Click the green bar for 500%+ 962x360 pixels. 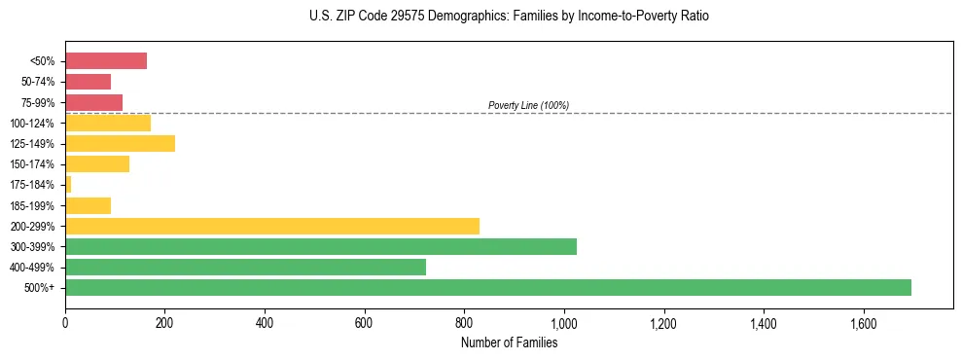487,288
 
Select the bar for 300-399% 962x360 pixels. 320,247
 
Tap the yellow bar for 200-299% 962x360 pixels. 271,226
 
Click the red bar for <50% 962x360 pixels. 106,61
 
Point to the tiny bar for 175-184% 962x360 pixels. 68,185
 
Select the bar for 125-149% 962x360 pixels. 120,144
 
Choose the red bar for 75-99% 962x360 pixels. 93,102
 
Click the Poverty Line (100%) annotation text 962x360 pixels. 528,105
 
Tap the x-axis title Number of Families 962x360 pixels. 509,342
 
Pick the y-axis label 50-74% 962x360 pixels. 39,82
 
